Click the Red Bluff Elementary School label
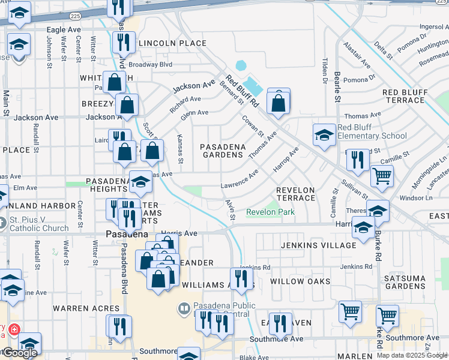pos(372,131)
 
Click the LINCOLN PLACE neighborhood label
pos(172,43)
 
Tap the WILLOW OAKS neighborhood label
pos(300,281)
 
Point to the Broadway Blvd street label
pos(151,64)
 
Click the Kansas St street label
pos(179,147)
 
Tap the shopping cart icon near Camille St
pos(382,176)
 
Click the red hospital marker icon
pos(13,329)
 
